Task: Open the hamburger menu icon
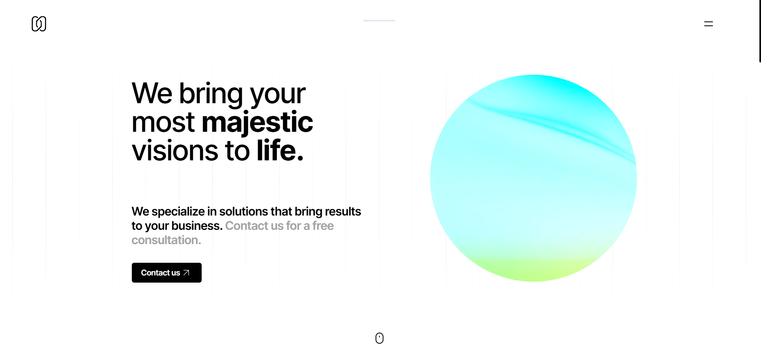click(x=709, y=24)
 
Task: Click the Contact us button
click(x=167, y=273)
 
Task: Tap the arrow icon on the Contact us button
click(x=186, y=273)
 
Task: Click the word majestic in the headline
click(x=257, y=122)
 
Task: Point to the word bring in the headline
click(x=211, y=94)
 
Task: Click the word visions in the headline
click(x=175, y=151)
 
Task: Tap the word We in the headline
click(x=152, y=93)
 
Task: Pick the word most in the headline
click(x=163, y=123)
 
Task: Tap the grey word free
click(x=323, y=226)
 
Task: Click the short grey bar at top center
click(x=379, y=20)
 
